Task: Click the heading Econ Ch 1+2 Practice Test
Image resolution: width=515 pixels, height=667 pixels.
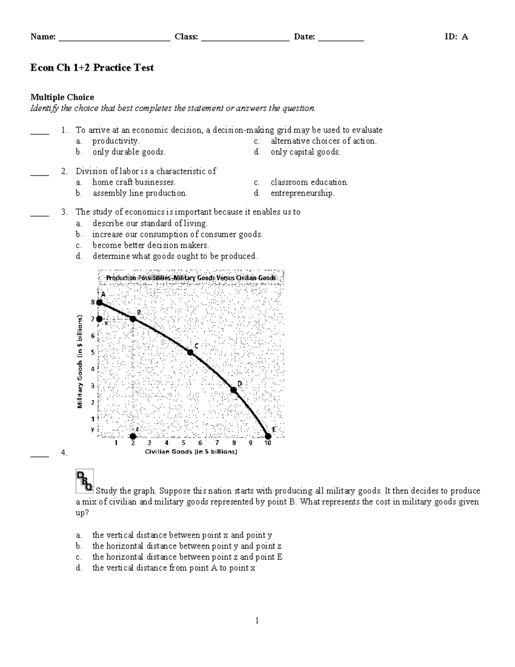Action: (92, 68)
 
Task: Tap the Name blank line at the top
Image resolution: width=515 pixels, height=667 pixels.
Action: (115, 38)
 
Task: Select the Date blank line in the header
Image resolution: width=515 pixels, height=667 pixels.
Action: (341, 38)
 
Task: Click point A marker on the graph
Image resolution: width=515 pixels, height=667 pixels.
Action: (100, 302)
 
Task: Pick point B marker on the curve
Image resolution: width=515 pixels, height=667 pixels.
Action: (133, 319)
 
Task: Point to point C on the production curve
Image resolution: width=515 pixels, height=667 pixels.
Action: (191, 352)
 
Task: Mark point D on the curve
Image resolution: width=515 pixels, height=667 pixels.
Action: (234, 390)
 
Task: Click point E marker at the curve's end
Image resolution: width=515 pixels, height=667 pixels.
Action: (268, 436)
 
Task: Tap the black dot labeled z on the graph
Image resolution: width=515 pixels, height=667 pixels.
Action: (133, 436)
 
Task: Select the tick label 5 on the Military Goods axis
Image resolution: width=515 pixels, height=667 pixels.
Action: (92, 352)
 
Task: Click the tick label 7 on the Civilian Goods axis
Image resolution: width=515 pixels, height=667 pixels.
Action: (217, 443)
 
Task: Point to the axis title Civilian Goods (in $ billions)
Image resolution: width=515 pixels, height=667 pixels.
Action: (191, 451)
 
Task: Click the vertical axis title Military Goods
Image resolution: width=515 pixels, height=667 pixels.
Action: (80, 362)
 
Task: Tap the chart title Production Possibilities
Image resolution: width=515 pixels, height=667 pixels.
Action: (191, 278)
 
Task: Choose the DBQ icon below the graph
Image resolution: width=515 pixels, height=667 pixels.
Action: (85, 481)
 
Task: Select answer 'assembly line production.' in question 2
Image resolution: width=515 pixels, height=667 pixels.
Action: (140, 193)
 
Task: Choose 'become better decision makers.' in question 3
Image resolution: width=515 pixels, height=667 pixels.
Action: (151, 245)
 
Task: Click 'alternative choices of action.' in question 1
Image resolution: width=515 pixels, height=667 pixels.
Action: (324, 141)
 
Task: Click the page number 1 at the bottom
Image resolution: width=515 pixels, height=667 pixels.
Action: (257, 620)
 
